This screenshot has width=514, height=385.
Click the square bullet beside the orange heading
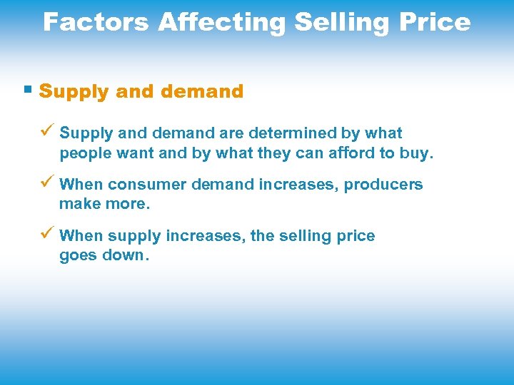28,91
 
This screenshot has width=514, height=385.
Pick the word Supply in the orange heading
74,92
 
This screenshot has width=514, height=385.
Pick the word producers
383,185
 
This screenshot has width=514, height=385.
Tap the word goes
79,256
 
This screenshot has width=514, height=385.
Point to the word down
125,256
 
